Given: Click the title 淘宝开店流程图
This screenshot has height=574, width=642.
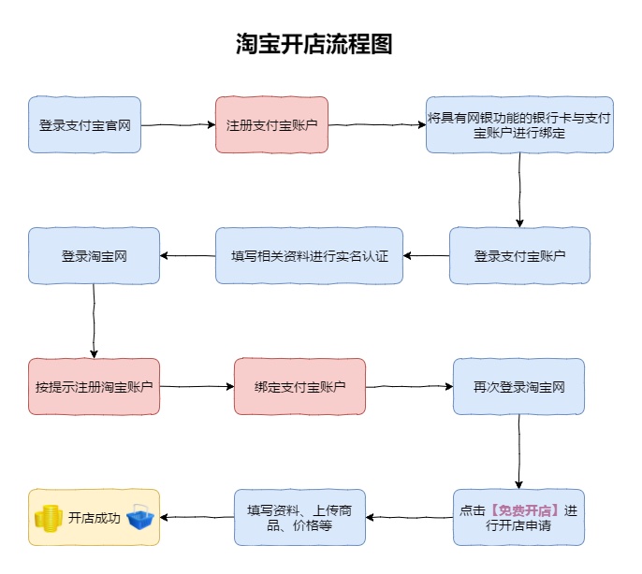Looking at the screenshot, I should [x=314, y=44].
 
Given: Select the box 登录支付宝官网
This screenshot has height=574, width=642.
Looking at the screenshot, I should [x=85, y=124].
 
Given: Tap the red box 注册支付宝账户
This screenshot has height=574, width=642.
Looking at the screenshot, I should [x=271, y=124].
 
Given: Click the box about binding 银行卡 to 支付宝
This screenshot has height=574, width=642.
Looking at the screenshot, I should [x=519, y=124].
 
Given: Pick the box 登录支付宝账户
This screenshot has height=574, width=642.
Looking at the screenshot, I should [x=519, y=255].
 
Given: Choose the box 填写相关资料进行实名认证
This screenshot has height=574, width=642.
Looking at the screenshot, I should [x=309, y=255].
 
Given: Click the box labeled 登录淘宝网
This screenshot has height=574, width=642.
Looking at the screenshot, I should [x=94, y=255].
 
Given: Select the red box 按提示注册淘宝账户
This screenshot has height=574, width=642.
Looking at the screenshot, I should [x=94, y=386].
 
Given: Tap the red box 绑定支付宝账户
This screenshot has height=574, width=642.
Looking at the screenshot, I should [x=299, y=386].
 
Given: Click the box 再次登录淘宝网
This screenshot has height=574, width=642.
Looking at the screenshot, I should [x=518, y=386].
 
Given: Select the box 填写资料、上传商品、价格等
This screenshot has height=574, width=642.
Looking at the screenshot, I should [x=299, y=517].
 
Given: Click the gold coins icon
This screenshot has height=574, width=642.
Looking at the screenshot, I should [x=48, y=517].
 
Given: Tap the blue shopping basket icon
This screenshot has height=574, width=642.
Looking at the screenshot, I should [x=140, y=517].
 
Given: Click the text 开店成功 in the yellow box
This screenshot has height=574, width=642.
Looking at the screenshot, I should [x=95, y=517].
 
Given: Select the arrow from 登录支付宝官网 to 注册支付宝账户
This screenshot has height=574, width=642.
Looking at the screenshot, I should [x=178, y=124].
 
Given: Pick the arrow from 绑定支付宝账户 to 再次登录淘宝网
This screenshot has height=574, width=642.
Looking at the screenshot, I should [x=409, y=386].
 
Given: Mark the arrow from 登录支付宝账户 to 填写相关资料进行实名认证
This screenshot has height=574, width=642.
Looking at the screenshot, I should [x=426, y=255].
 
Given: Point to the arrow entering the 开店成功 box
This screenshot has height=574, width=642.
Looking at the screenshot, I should [x=197, y=517].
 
